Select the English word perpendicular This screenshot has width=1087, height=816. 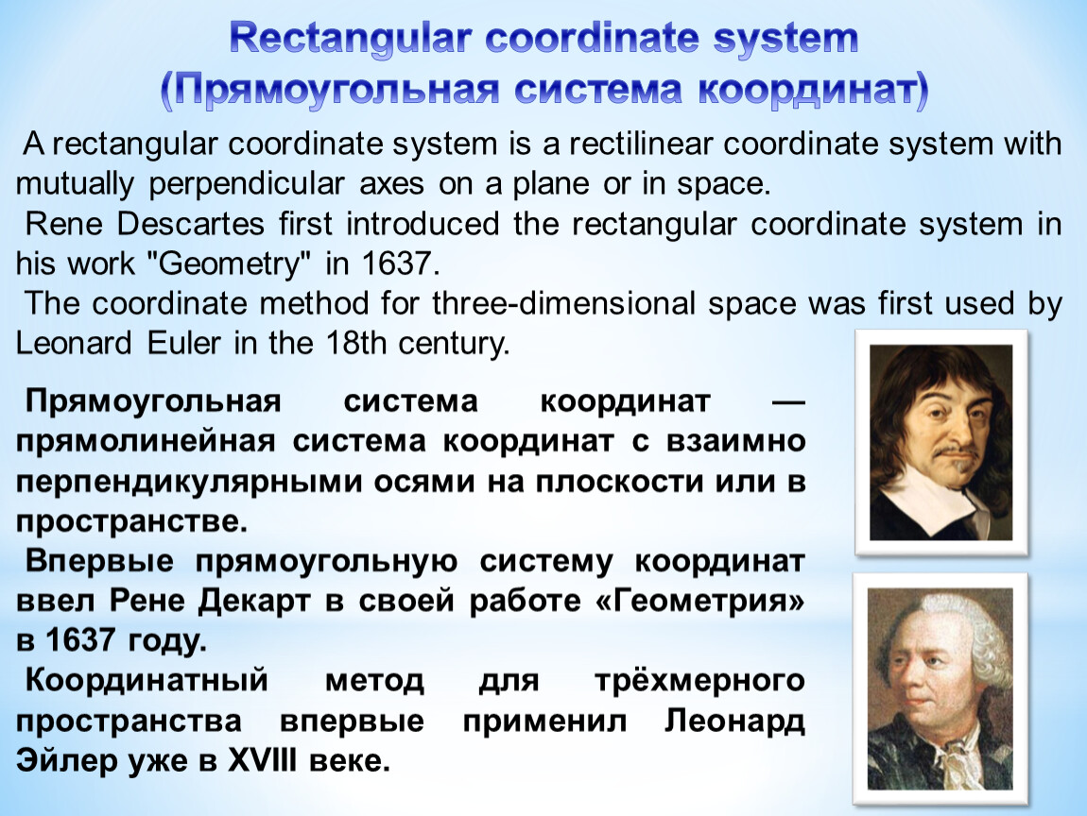[247, 184]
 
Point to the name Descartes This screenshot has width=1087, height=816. [191, 224]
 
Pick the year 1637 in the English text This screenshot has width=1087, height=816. [400, 263]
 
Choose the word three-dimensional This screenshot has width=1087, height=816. [563, 303]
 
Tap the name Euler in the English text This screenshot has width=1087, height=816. [183, 344]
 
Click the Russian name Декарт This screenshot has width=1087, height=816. [253, 601]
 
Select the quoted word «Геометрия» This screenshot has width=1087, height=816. [700, 600]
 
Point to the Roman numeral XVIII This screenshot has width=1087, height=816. [263, 760]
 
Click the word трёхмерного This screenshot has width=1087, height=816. [700, 681]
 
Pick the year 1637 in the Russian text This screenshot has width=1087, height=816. [80, 640]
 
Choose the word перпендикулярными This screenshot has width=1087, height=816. [188, 482]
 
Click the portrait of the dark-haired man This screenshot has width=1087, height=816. [940, 443]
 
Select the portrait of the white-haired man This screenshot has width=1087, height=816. [940, 689]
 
